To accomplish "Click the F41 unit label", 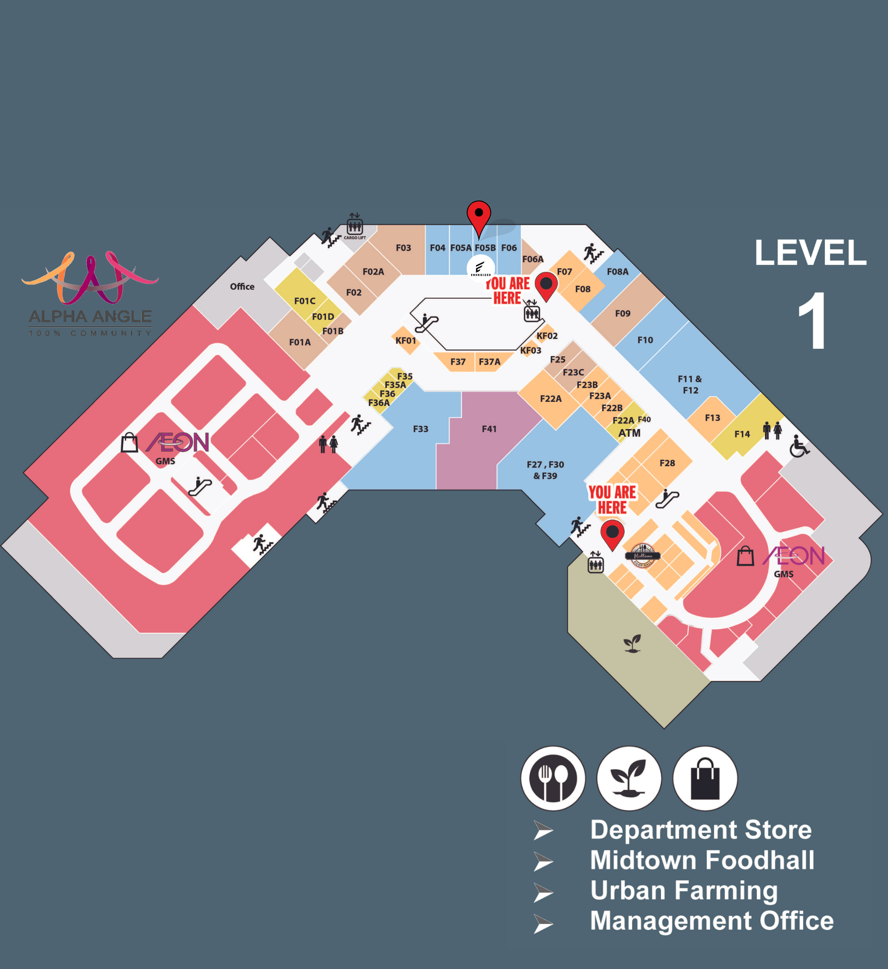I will point(489,429).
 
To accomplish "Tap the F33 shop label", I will point(420,429).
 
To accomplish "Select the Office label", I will point(242,287).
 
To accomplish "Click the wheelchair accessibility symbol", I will point(799,446).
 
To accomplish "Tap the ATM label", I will point(629,433).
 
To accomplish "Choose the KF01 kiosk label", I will point(406,341).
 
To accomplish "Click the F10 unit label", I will point(645,340).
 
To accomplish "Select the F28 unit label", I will point(667,463).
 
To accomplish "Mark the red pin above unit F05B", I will point(479,216).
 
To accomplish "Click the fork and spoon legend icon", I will point(553,778).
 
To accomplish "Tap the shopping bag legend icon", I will point(705,778).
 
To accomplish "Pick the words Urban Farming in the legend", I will point(684,891).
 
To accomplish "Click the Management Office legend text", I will point(711,921).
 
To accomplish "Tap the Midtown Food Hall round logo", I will point(642,556).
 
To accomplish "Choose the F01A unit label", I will point(300,342).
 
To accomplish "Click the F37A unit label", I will point(489,362).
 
